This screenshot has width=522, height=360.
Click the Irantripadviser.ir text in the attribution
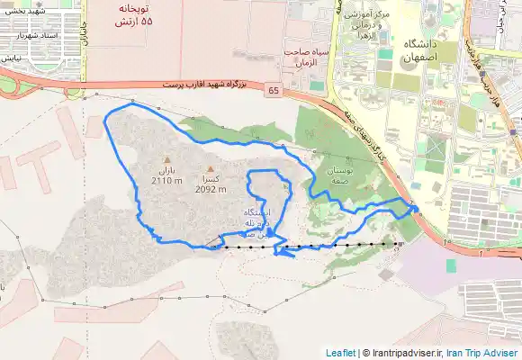(404, 353)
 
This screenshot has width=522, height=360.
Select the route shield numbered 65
(273, 91)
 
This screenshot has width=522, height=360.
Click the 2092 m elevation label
(210, 189)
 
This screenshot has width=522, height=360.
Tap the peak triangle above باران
(166, 160)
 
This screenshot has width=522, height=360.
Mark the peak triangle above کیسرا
(211, 168)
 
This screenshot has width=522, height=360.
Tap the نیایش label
(10, 57)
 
